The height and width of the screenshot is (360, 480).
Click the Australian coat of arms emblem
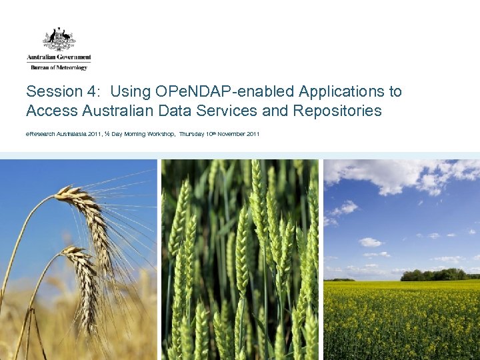(59, 39)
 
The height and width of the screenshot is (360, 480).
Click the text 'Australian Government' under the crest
(59, 58)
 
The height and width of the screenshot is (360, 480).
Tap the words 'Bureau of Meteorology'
(59, 67)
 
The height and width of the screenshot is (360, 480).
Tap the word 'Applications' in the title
(340, 92)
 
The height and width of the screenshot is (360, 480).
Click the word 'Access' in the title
(50, 111)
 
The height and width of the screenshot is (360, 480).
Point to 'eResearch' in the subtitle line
(41, 135)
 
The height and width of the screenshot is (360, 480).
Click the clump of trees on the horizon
(433, 274)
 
